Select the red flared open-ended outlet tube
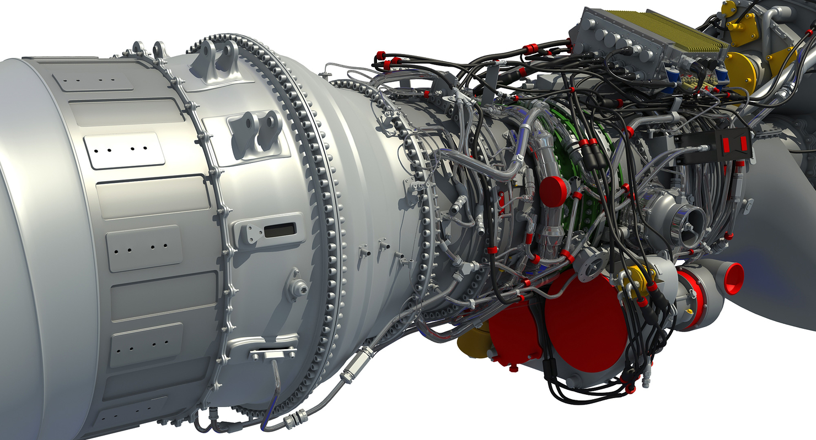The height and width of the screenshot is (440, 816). coord(733,278)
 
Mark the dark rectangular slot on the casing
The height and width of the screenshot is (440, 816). coord(280,230)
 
